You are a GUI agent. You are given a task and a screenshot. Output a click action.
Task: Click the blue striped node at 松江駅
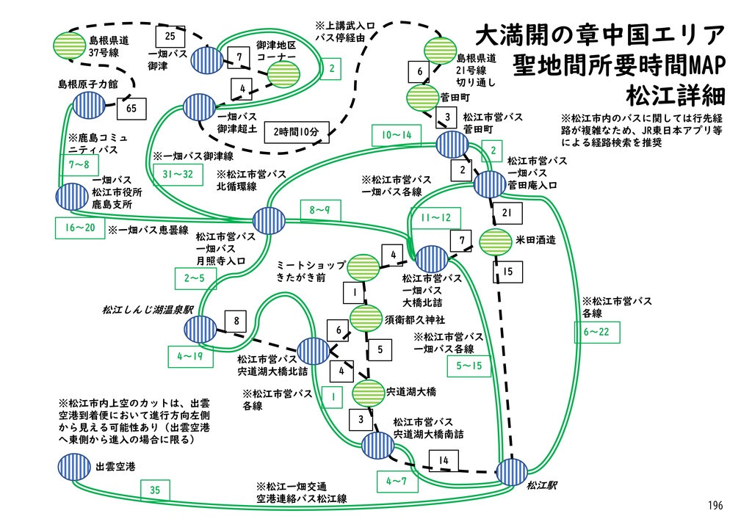pyautogui.click(x=512, y=471)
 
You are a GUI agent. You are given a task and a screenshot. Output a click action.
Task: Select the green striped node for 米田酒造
pyautogui.click(x=495, y=241)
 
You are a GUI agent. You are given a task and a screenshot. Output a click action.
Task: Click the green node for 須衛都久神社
pyautogui.click(x=366, y=319)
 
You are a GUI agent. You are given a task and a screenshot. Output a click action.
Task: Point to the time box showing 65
pyautogui.click(x=131, y=109)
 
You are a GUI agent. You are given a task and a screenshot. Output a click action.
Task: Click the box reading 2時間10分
pyautogui.click(x=296, y=131)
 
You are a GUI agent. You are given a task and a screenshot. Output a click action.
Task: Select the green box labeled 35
pyautogui.click(x=154, y=490)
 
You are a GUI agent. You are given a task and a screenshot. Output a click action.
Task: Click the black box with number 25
pyautogui.click(x=170, y=36)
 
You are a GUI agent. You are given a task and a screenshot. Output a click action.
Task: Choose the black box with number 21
pyautogui.click(x=506, y=213)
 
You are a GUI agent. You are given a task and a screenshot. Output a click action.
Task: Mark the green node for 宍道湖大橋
pyautogui.click(x=370, y=391)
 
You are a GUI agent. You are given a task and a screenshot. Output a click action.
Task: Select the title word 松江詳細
pyautogui.click(x=675, y=95)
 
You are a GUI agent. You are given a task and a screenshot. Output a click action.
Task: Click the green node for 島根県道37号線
pyautogui.click(x=70, y=46)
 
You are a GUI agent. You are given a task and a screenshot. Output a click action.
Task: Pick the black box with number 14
pyautogui.click(x=444, y=461)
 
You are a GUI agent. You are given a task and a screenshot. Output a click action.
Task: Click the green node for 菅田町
pyautogui.click(x=422, y=97)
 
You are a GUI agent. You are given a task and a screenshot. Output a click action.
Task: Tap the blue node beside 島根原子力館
pyautogui.click(x=88, y=106)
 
